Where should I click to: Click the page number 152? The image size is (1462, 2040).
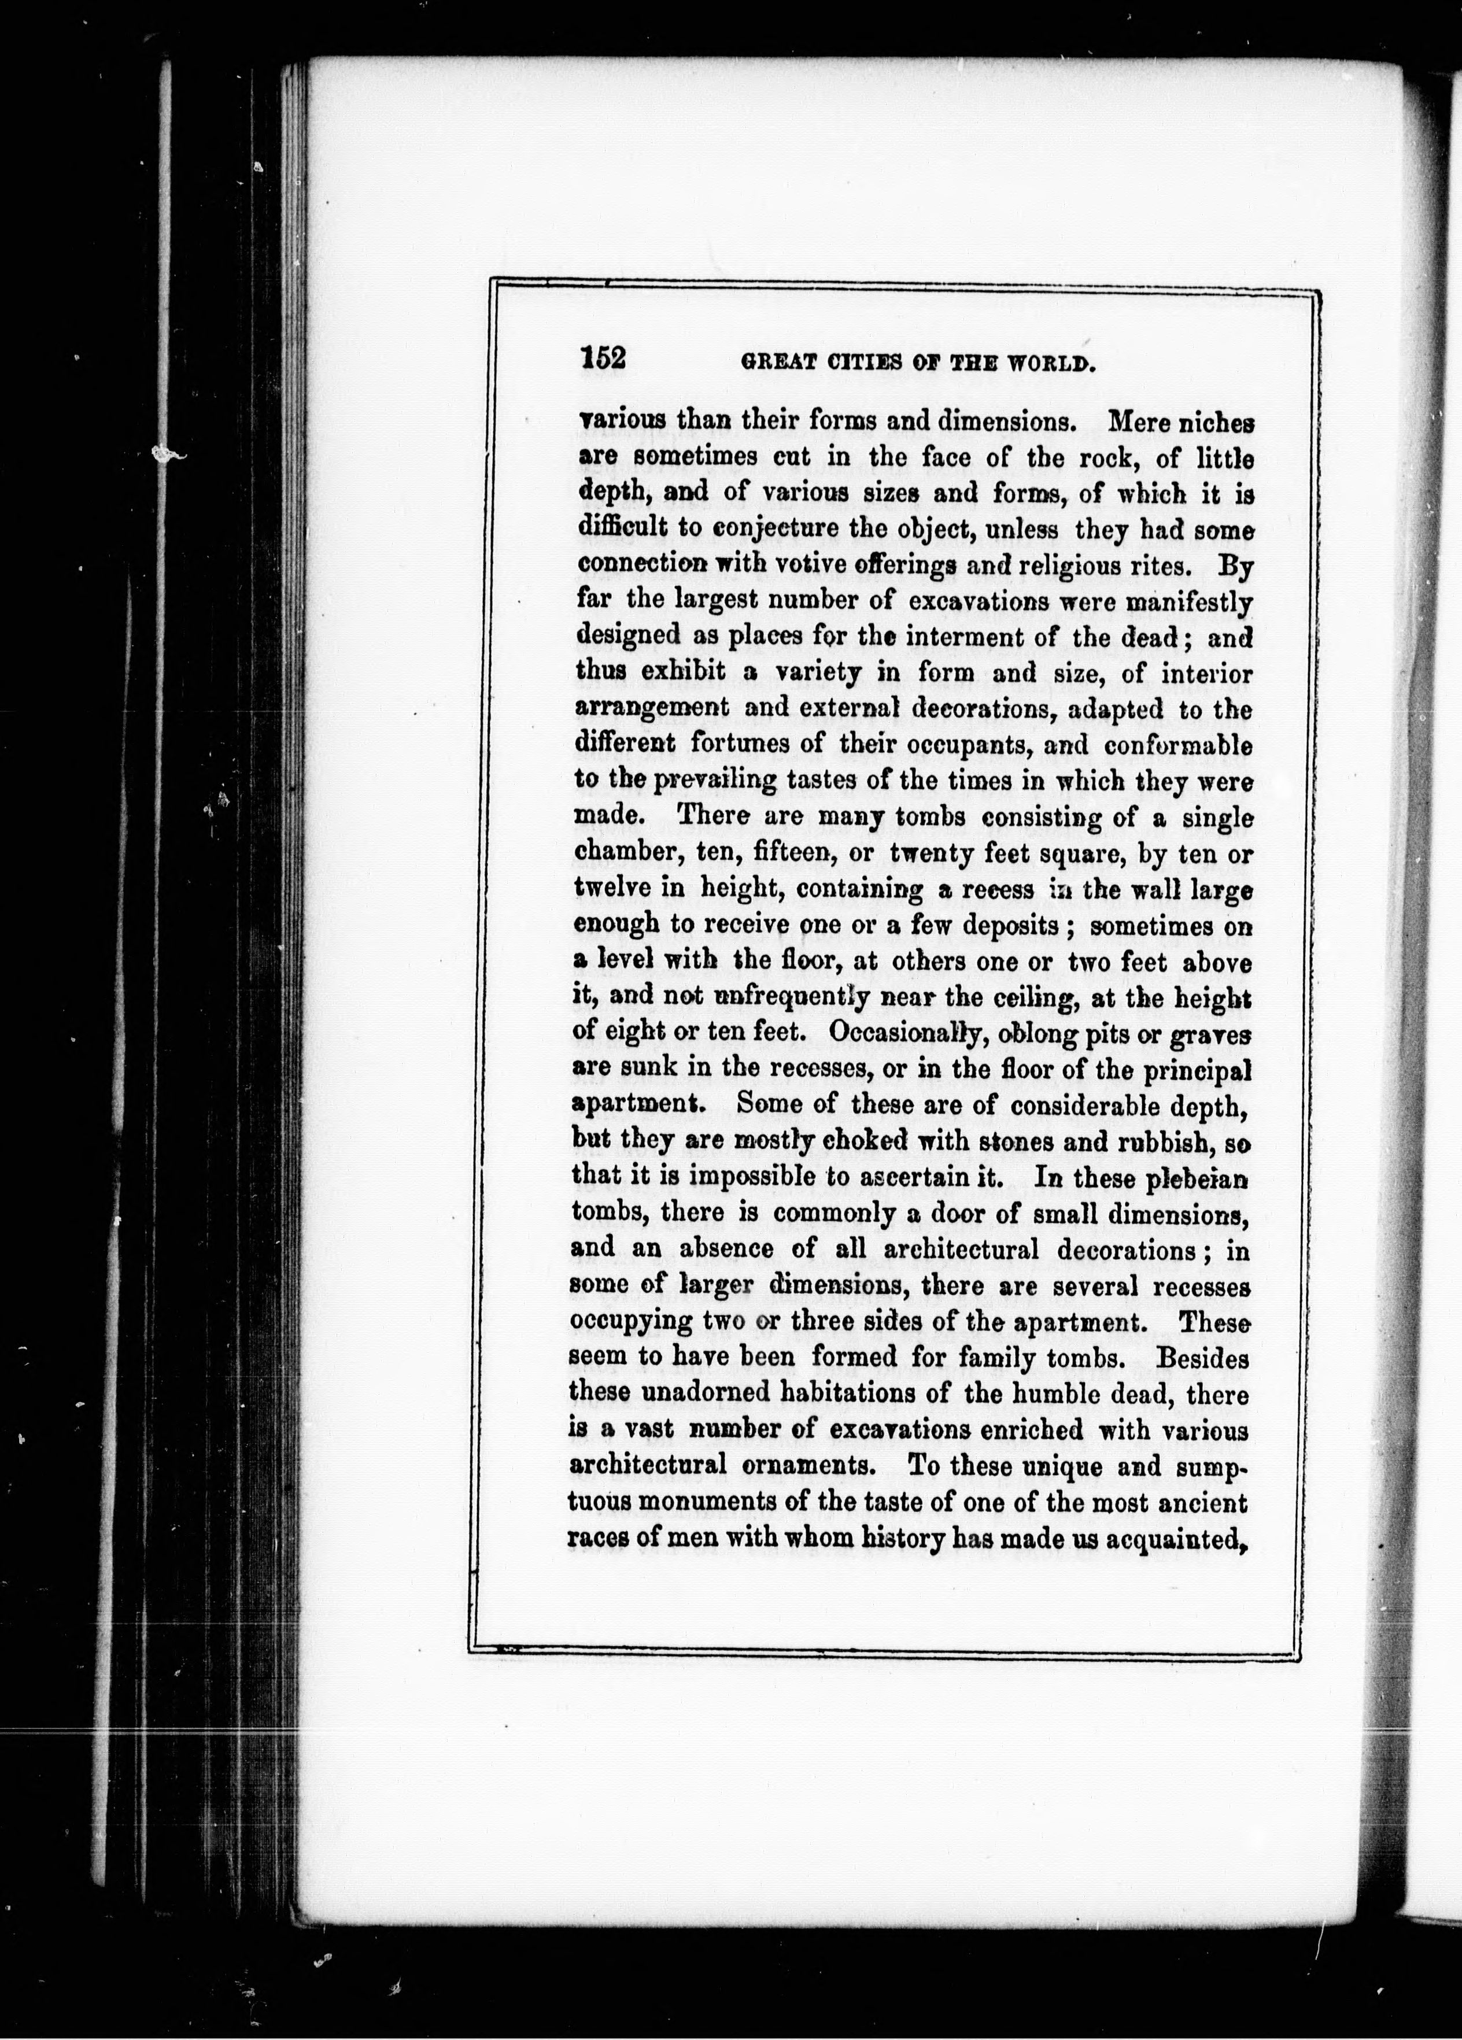tap(603, 358)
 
